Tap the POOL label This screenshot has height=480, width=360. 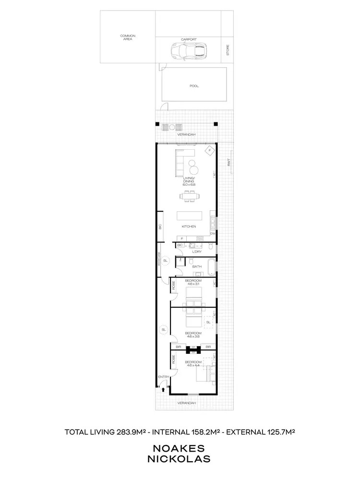194,86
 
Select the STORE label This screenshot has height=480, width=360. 228,49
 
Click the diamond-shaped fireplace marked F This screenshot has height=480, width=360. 209,151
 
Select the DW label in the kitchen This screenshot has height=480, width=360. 212,233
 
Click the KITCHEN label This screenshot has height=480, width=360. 189,227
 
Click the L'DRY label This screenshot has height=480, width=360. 196,252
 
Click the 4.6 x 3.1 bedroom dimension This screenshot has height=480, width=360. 193,283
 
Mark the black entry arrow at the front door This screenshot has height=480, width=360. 164,390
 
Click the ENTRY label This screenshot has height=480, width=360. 164,377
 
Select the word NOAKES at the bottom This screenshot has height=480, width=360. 181,448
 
